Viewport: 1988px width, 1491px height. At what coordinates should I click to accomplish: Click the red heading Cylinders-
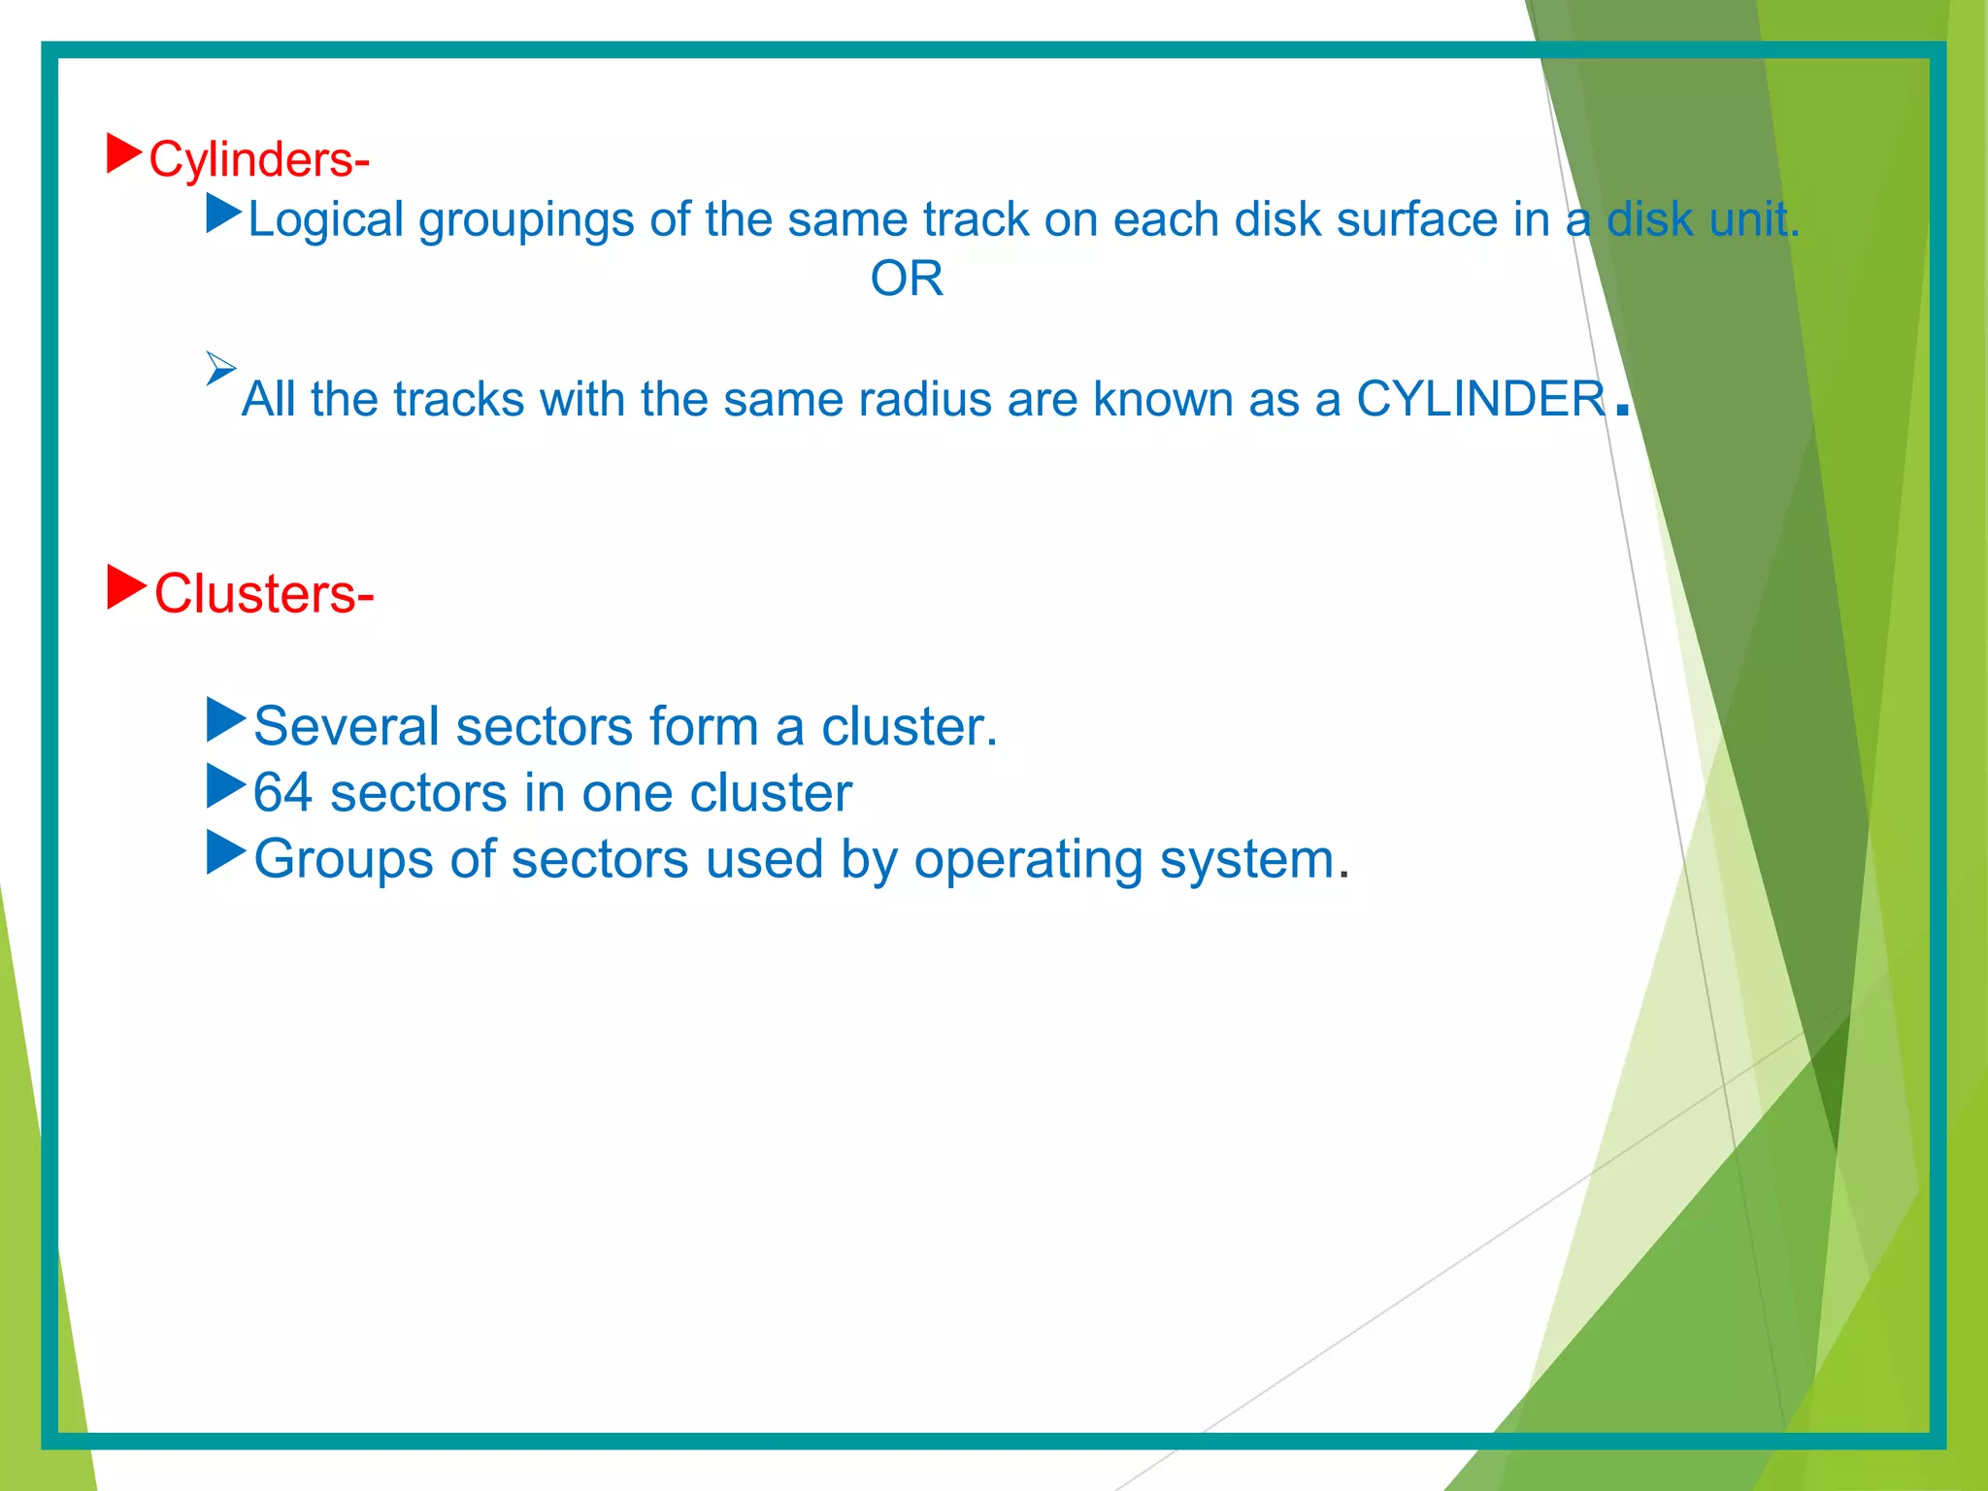click(x=258, y=159)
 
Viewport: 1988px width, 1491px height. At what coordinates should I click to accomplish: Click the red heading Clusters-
click(x=263, y=593)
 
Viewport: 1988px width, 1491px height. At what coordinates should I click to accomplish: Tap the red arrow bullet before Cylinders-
click(x=123, y=154)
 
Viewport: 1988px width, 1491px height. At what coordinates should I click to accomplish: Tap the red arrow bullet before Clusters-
click(x=125, y=587)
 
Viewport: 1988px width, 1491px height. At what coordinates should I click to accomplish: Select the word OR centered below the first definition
click(x=907, y=280)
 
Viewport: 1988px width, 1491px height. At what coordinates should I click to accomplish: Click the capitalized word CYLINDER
click(x=1480, y=399)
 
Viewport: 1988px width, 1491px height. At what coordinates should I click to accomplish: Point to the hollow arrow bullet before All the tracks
click(x=220, y=368)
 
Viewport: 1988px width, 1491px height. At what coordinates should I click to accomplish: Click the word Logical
click(x=325, y=220)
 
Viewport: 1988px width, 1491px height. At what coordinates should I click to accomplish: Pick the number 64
click(x=282, y=793)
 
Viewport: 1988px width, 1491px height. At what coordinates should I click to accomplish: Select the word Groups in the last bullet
click(x=343, y=860)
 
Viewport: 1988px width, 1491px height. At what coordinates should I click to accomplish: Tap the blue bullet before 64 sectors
click(x=225, y=786)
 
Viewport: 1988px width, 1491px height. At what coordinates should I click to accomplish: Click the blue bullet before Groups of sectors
click(x=225, y=852)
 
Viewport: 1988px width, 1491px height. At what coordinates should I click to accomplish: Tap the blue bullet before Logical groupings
click(x=223, y=214)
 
